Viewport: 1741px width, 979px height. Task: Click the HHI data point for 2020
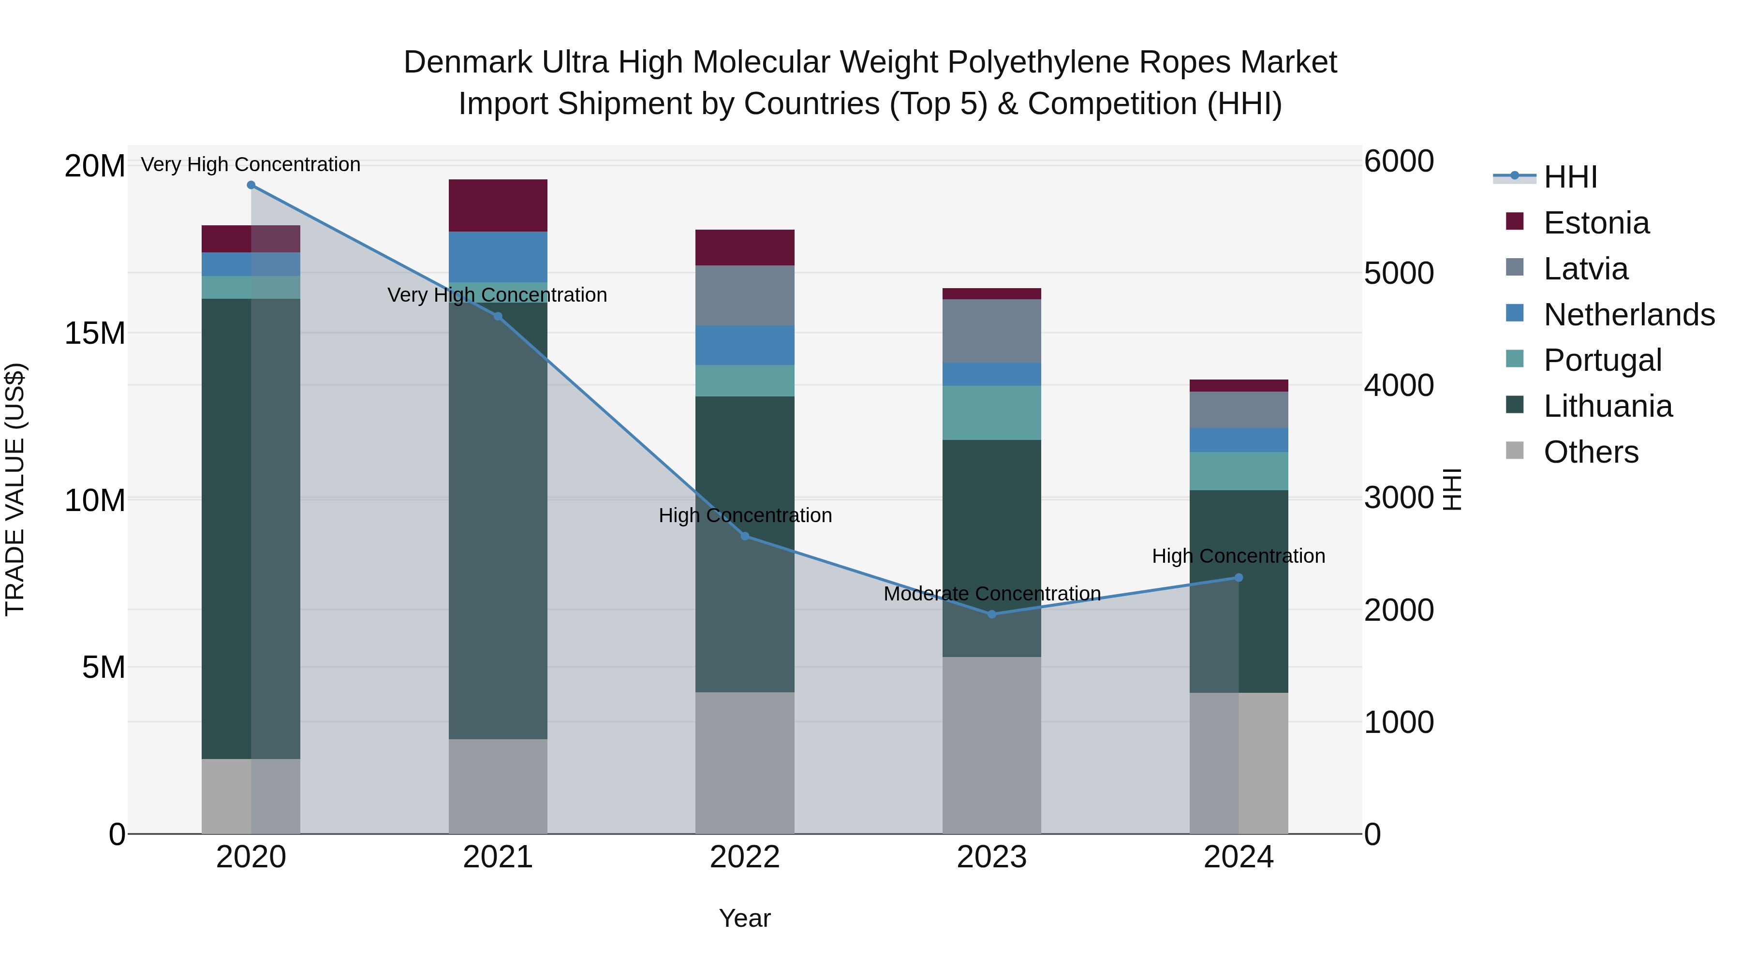(x=251, y=185)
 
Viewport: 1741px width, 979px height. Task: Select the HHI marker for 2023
(x=991, y=614)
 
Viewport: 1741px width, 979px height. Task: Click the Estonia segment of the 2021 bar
(x=498, y=205)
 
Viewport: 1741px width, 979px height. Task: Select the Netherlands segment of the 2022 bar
(x=745, y=345)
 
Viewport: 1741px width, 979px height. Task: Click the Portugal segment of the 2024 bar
(x=1238, y=471)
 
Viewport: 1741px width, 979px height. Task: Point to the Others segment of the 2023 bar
(x=991, y=745)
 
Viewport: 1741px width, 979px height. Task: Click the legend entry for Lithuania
(x=1607, y=406)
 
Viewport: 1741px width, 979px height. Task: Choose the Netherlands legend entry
(x=1629, y=314)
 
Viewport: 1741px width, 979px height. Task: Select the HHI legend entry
(x=1570, y=177)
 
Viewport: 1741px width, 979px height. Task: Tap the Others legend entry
(x=1590, y=452)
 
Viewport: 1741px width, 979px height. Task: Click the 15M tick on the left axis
(x=95, y=333)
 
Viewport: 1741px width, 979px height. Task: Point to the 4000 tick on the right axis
(x=1398, y=385)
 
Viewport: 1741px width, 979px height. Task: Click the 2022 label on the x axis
(x=745, y=857)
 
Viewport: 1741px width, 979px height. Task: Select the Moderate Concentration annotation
(x=991, y=594)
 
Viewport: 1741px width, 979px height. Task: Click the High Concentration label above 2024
(x=1238, y=556)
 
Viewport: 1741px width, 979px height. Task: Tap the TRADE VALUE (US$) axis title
(x=15, y=489)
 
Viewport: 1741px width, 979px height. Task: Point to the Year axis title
(x=745, y=918)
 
